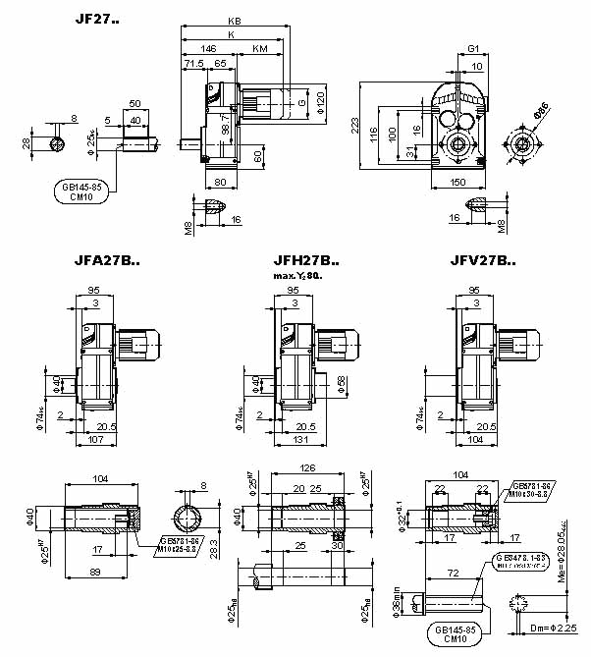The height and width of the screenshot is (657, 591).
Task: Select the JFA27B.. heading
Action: [x=108, y=262]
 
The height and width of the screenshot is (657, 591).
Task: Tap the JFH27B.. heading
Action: [x=306, y=262]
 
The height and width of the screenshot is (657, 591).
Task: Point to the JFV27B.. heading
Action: [x=484, y=262]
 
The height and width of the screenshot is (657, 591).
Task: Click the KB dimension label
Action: [x=234, y=21]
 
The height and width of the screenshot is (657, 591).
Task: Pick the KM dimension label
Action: [x=259, y=47]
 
